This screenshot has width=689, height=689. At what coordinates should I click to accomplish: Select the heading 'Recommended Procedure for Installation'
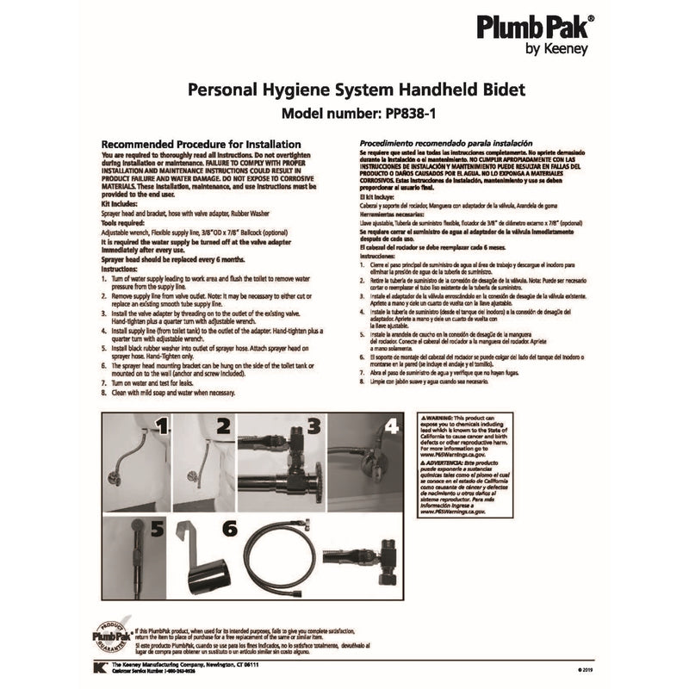coord(201,144)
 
